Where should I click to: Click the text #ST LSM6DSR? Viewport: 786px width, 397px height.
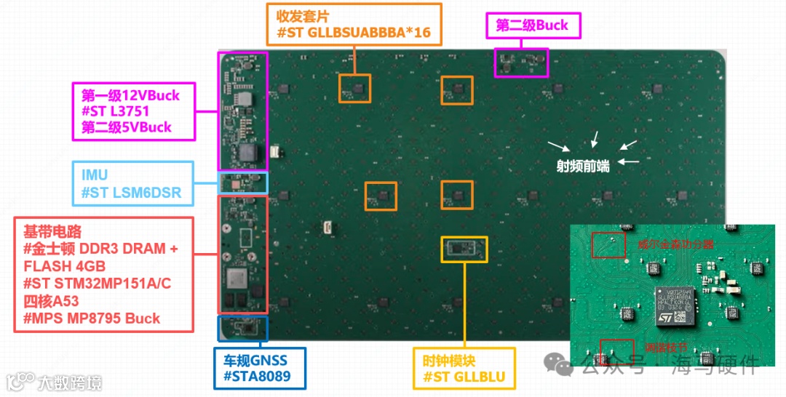(131, 193)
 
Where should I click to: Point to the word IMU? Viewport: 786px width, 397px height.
(93, 175)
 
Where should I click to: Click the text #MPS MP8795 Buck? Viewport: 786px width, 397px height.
(92, 318)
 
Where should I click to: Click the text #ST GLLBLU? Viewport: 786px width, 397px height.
(464, 377)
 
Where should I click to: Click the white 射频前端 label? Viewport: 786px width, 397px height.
(583, 165)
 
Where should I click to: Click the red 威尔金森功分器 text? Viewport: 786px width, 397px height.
(675, 244)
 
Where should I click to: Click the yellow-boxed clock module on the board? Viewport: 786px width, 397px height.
(464, 248)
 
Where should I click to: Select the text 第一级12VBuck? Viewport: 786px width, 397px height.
(130, 95)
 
